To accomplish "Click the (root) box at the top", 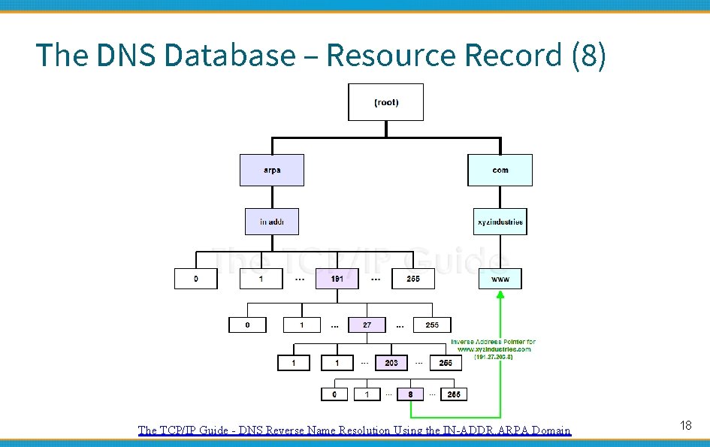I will point(385,102).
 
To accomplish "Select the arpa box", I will point(272,170).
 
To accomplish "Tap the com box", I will point(500,170).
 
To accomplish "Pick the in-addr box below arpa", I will point(272,222).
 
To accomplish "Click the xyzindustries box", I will point(500,222).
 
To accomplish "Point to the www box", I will point(500,279).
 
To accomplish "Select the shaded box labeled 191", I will point(337,279).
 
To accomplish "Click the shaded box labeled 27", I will point(367,325).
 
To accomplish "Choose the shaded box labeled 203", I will point(391,363).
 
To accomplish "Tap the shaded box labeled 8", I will point(410,394).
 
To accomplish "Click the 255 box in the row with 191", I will point(413,279).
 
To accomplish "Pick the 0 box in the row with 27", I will point(247,325).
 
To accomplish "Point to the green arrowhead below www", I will point(500,295).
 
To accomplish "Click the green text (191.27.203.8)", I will point(493,357).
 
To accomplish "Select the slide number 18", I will point(685,426).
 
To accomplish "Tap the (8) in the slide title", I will point(588,56).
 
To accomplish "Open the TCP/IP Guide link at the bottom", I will point(354,430).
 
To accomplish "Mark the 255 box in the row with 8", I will point(454,394).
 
